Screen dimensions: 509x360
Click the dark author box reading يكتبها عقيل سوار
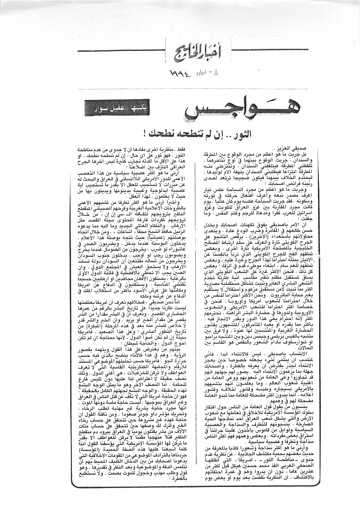click(116, 111)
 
